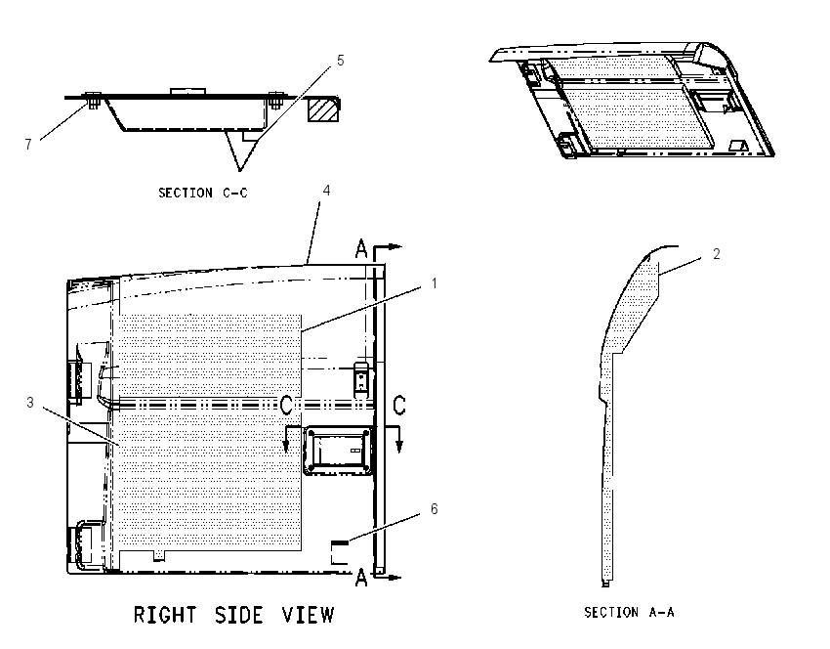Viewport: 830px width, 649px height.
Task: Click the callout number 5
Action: coord(341,61)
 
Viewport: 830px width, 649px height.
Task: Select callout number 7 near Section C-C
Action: coord(28,144)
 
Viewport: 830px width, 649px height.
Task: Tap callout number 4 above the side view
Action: coord(326,191)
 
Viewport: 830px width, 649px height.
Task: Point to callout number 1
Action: coord(435,283)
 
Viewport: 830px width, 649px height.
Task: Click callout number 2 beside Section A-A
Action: coord(717,254)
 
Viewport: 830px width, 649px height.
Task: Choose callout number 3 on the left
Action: coord(30,403)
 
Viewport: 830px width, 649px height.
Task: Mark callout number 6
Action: coord(435,509)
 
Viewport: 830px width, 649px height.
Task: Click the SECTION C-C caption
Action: coord(203,193)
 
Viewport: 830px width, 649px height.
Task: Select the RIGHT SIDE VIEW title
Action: coord(233,615)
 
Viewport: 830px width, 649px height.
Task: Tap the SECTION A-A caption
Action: coord(629,613)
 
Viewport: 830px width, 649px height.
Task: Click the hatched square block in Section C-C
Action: coord(323,109)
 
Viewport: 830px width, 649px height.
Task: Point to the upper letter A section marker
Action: coord(361,248)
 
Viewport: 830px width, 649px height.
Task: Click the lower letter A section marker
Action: coord(361,577)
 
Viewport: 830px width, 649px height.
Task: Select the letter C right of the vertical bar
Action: coord(399,406)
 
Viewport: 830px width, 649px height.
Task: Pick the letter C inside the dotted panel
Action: coord(286,406)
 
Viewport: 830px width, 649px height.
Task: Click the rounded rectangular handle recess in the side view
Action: coord(337,450)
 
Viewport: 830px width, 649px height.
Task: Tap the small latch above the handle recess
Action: coord(361,378)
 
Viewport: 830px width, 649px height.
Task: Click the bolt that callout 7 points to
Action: coord(94,100)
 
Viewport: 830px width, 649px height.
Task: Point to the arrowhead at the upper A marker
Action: coord(395,246)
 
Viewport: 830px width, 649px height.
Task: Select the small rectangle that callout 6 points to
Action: coord(340,552)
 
